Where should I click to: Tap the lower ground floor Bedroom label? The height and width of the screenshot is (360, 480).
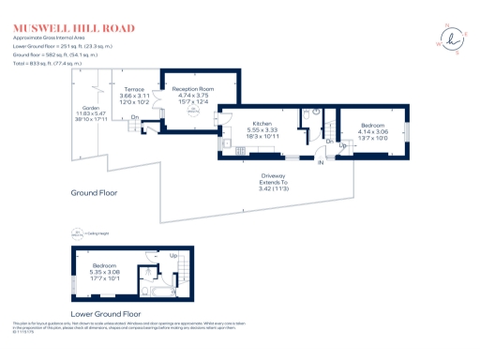105,265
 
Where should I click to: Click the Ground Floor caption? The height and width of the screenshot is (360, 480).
97,192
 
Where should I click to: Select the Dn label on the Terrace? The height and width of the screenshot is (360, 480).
135,117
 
